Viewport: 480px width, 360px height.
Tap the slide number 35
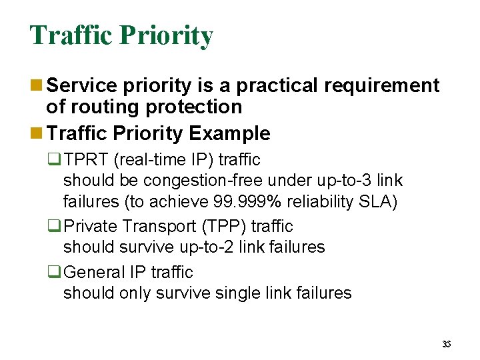pos(447,344)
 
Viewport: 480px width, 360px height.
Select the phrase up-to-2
pos(211,247)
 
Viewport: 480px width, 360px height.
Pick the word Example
pos(230,133)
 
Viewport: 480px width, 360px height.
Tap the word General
pos(96,272)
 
